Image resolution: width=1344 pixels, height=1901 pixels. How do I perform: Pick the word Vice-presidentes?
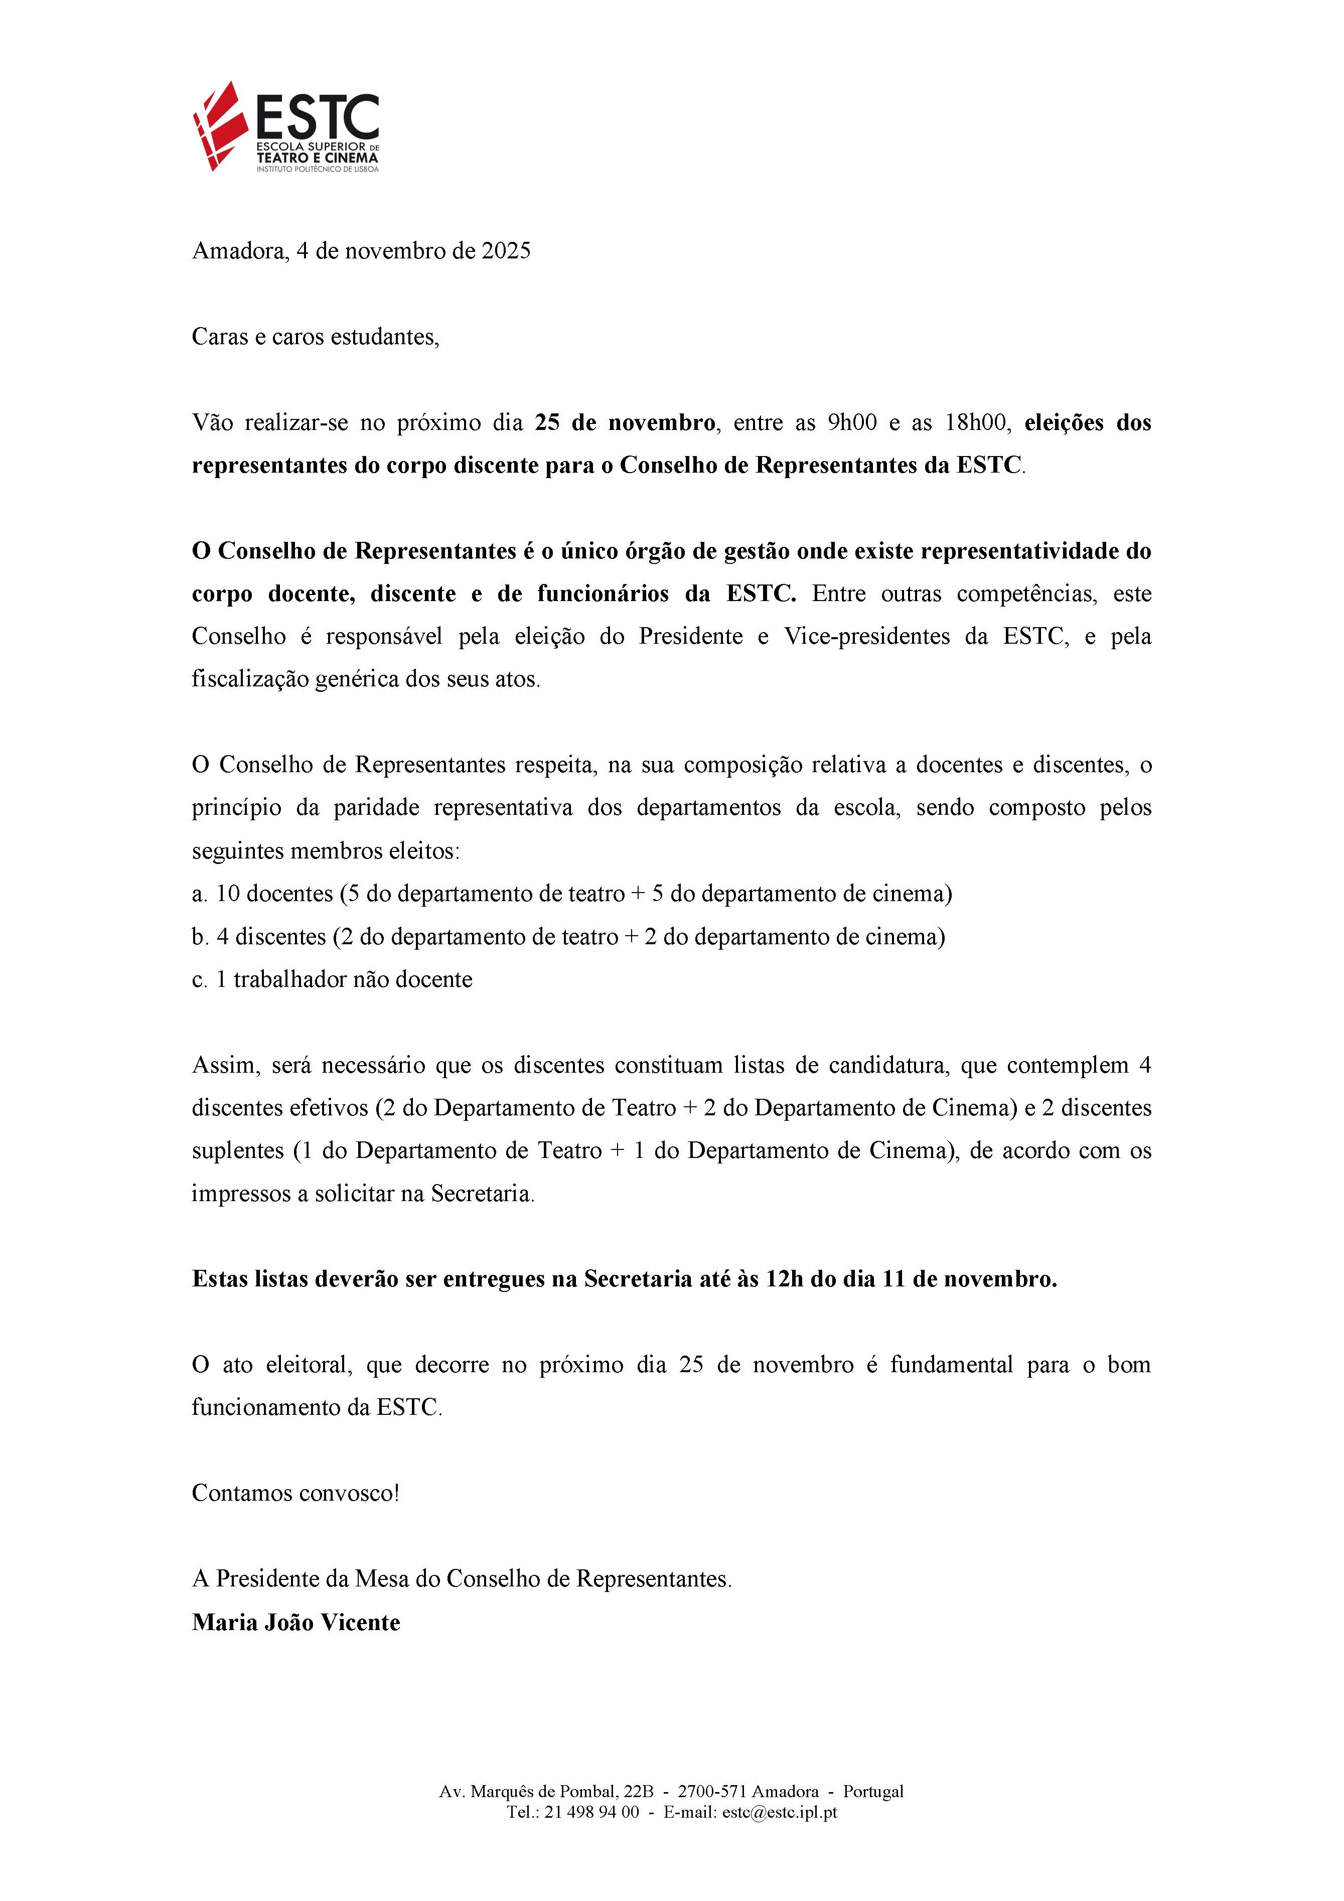pyautogui.click(x=866, y=637)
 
